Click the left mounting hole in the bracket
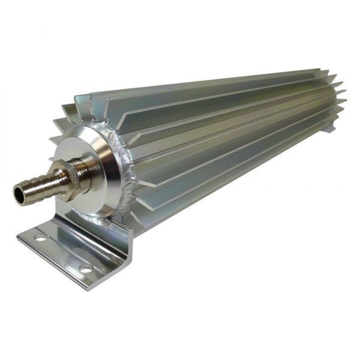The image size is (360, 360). pos(41,238)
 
